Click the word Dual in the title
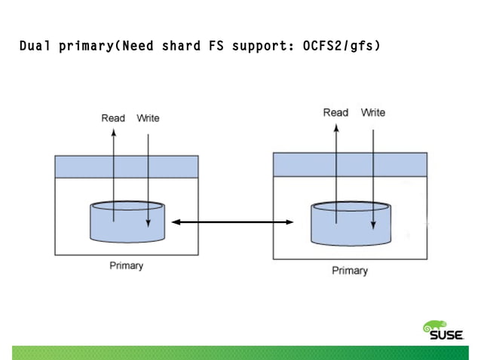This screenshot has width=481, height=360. click(x=34, y=47)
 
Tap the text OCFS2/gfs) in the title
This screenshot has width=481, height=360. click(x=341, y=47)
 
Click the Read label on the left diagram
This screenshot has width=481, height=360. click(x=113, y=118)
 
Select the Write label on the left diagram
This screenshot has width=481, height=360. click(x=148, y=118)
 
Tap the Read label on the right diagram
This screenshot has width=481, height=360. click(x=335, y=112)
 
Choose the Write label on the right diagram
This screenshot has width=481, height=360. click(x=373, y=112)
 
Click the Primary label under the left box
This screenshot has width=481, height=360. click(x=126, y=265)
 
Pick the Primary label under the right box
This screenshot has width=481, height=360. click(x=350, y=270)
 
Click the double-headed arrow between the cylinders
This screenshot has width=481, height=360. click(x=232, y=221)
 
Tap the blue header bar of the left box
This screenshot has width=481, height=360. click(x=126, y=166)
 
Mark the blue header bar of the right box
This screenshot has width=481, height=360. click(x=350, y=163)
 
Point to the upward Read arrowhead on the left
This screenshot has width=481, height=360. click(x=113, y=133)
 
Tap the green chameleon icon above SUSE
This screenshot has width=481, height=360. click(x=437, y=325)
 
